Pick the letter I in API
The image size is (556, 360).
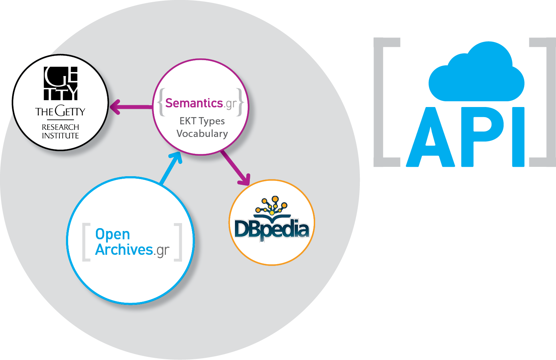[x=518, y=137]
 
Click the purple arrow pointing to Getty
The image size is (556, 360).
[x=130, y=107]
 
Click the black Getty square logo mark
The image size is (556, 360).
[x=61, y=83]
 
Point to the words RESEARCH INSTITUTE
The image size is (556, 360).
[x=60, y=132]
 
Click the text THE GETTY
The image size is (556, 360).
[x=60, y=112]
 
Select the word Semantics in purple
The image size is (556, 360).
[x=194, y=103]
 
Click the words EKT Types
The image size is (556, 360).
[x=202, y=121]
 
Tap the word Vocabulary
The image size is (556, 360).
[x=202, y=134]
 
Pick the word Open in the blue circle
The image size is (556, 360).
[x=112, y=234]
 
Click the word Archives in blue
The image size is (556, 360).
[x=124, y=250]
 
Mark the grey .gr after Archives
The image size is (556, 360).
[x=162, y=250]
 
